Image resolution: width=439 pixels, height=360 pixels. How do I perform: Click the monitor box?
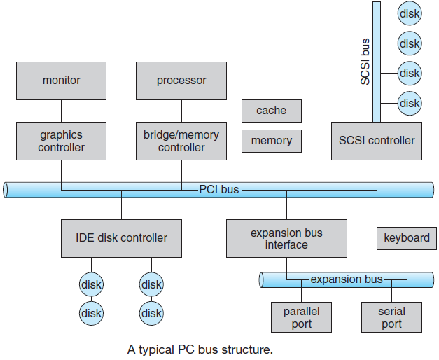tap(62, 81)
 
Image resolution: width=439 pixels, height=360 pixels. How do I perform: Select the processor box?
tap(181, 81)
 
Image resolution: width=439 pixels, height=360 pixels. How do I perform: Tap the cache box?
tap(272, 111)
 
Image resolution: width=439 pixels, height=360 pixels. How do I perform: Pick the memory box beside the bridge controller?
tap(272, 141)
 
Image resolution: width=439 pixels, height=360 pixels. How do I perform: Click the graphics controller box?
tap(62, 141)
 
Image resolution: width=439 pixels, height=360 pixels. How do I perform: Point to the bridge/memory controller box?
tap(181, 141)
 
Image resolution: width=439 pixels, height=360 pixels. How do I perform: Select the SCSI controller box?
tap(377, 141)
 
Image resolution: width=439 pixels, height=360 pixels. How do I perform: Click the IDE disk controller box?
tap(121, 238)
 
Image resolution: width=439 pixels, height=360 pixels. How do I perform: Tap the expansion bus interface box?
tap(286, 238)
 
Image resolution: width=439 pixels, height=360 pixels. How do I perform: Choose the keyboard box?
tap(407, 238)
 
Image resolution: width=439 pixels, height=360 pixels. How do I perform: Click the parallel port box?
tap(301, 317)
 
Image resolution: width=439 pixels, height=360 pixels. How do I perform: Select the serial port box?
tap(391, 317)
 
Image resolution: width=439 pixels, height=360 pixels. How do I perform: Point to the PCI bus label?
tap(219, 189)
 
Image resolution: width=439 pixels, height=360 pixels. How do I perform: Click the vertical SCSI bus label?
tap(365, 62)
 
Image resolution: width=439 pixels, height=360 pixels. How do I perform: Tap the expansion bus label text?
tap(347, 279)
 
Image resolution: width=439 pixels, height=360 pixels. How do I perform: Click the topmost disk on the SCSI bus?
tap(410, 13)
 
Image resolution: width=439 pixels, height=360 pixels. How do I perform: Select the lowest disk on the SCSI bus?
tap(410, 104)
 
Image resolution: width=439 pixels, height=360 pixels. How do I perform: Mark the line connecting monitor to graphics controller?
tap(62, 111)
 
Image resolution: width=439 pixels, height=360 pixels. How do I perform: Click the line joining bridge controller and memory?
tap(234, 141)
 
